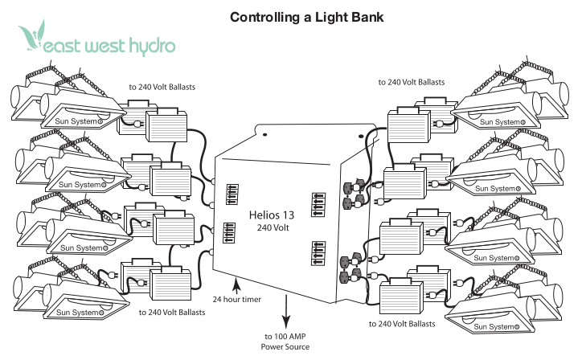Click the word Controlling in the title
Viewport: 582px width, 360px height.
tap(259, 16)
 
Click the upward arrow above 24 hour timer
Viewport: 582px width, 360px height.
tap(236, 283)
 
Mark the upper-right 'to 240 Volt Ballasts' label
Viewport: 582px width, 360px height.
tap(412, 82)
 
